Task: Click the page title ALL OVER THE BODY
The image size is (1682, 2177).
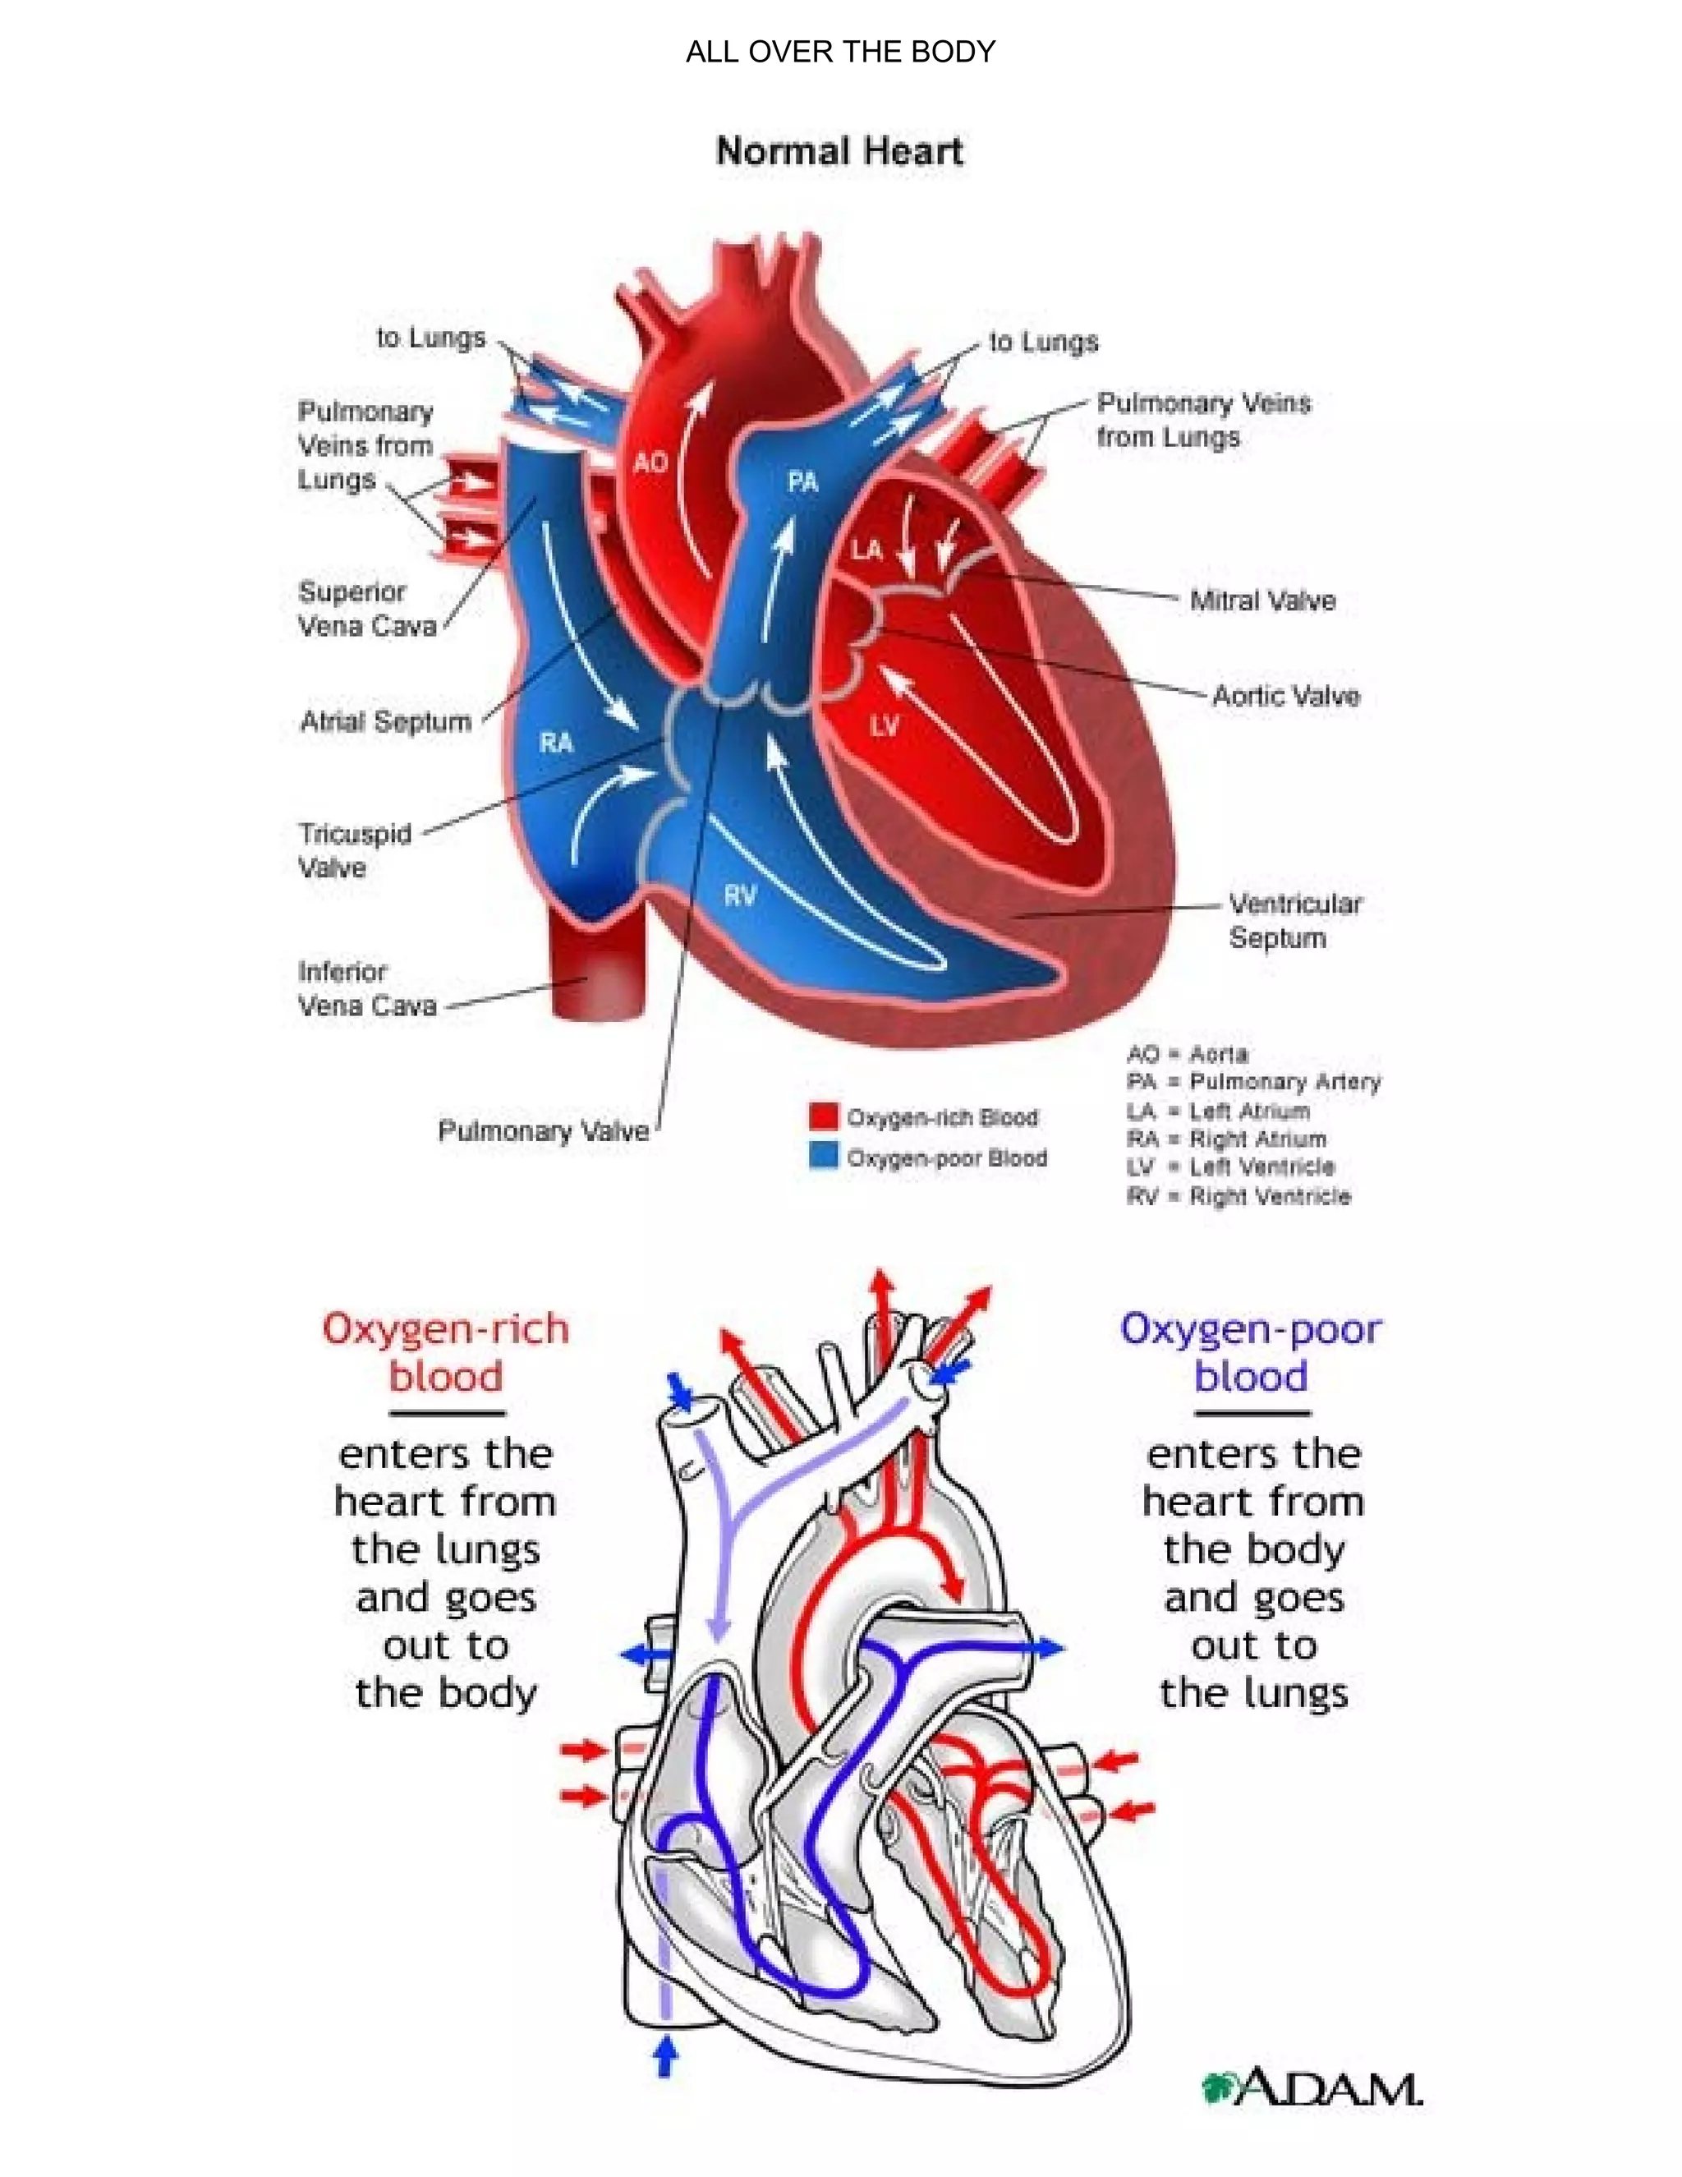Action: (x=840, y=52)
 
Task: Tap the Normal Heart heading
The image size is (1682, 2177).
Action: (x=839, y=151)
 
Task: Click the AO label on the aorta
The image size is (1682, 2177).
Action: (x=650, y=463)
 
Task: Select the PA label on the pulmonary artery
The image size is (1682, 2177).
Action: (x=802, y=482)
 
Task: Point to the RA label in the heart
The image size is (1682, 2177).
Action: (x=556, y=743)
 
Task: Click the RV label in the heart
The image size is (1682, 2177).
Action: (x=739, y=896)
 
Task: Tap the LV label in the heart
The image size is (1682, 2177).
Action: (x=884, y=725)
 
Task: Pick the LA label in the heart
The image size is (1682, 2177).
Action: (x=866, y=550)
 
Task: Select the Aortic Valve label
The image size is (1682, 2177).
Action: (x=1285, y=696)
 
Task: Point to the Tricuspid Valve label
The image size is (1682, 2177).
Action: (x=354, y=850)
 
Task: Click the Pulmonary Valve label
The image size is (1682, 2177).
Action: (x=543, y=1131)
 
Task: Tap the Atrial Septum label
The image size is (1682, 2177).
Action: (x=386, y=721)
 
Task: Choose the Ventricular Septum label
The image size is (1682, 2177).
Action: (x=1294, y=921)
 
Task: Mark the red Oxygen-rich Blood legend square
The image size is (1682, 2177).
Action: (x=823, y=1116)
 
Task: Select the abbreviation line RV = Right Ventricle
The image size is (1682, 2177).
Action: (x=1239, y=1196)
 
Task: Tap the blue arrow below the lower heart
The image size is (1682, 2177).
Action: (x=665, y=2055)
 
